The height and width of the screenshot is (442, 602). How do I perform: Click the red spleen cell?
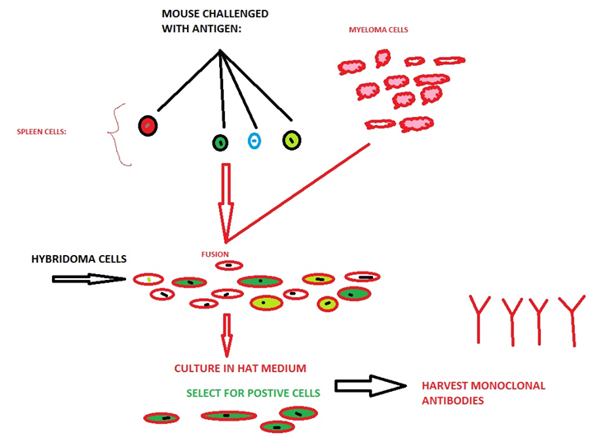pos(147,126)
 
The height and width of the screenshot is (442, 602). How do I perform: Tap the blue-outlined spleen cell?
pos(254,141)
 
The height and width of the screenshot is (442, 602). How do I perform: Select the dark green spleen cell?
pos(220,142)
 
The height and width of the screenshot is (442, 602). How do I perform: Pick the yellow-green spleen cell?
pos(291,141)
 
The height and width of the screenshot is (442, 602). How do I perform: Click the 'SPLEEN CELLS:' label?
pos(41,131)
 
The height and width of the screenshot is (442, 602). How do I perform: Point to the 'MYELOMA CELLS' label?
pos(379,30)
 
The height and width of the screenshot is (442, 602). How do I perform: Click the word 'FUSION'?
pos(215,254)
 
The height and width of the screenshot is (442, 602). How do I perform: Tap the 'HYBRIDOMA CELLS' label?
pos(79,258)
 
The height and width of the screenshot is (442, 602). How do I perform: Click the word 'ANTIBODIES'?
pos(452,401)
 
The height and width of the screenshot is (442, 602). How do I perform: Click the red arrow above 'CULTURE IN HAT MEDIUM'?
pos(227,333)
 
